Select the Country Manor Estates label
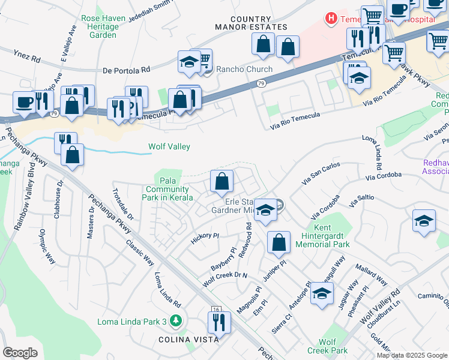click(250, 23)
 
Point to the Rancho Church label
click(244, 69)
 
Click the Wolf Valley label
click(169, 146)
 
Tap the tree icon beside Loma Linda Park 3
click(176, 322)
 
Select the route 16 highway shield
click(216, 308)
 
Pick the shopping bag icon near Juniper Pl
click(279, 242)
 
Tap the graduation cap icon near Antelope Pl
click(322, 293)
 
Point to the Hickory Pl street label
click(203, 236)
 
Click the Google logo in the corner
click(20, 352)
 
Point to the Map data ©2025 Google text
click(412, 355)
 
